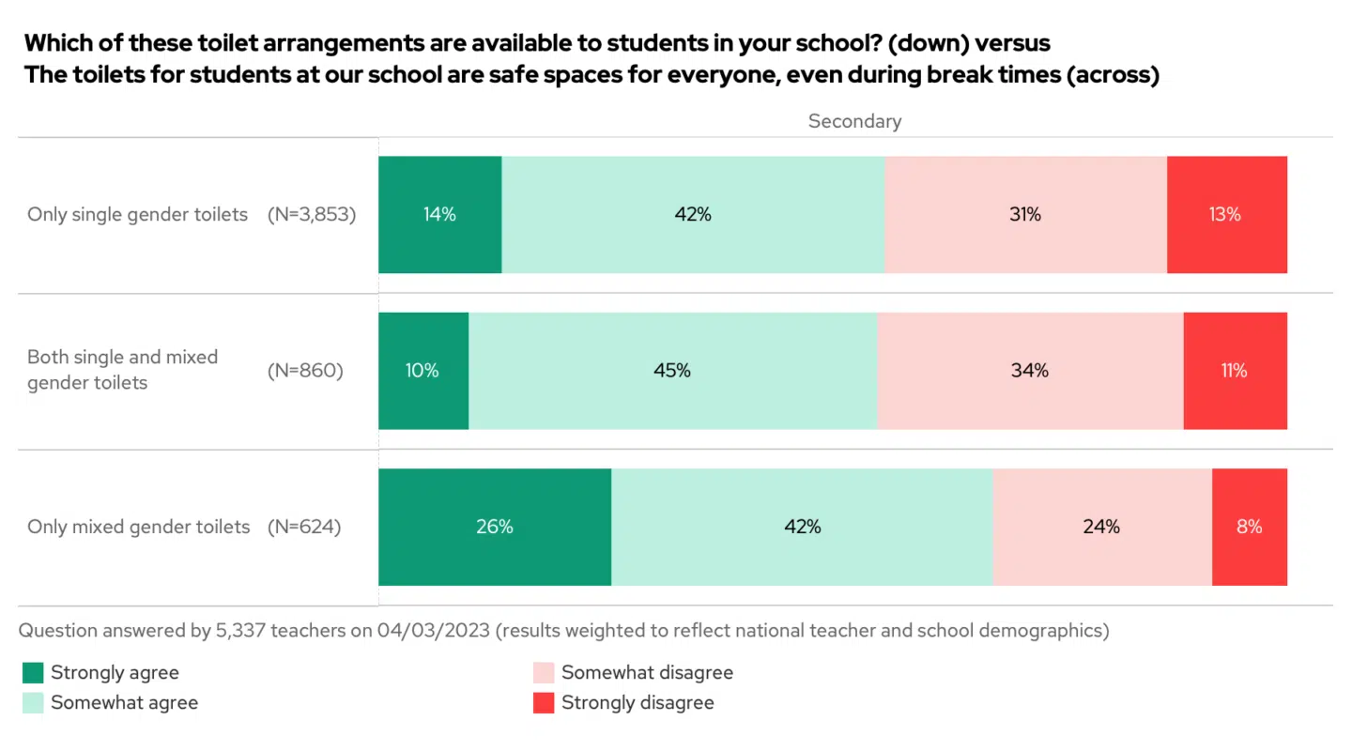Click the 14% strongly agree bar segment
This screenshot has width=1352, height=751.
[439, 214]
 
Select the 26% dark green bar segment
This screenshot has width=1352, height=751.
[494, 527]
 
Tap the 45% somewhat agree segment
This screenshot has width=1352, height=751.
[672, 371]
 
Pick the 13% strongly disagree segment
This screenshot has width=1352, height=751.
[1226, 214]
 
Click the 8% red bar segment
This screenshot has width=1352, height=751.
[1249, 527]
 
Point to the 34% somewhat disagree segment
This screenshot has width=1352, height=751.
[1030, 371]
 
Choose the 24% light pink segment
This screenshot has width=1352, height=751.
[1101, 527]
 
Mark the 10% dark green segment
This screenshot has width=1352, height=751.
[422, 371]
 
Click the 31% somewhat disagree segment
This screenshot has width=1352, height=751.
[1025, 214]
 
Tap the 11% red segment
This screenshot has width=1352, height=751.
[1235, 371]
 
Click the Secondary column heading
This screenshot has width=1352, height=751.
[854, 121]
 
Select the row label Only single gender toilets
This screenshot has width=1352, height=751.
[137, 214]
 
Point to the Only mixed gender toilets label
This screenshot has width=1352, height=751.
[139, 527]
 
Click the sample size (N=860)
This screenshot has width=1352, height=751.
[305, 371]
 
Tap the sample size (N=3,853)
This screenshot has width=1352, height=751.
[312, 214]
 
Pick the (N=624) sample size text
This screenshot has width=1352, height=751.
[304, 527]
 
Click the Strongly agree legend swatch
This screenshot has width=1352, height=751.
[33, 672]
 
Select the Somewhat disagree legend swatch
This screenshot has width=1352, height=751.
[544, 672]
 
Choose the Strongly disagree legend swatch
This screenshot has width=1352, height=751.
[544, 702]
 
